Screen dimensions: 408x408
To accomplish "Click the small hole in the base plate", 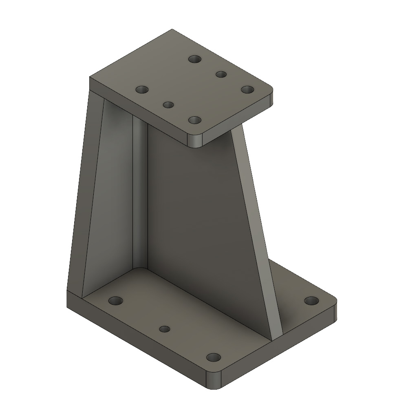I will click(x=164, y=329).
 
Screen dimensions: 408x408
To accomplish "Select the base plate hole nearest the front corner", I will click(x=213, y=358).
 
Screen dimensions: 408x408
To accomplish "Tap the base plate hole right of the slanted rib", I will click(x=312, y=301).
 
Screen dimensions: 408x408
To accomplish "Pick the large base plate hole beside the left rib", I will click(x=116, y=301).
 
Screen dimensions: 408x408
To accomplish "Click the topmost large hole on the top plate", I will click(x=195, y=59).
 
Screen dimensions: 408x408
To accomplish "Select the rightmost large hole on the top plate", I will click(x=247, y=89).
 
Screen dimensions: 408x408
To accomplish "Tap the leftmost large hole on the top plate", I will click(x=142, y=89).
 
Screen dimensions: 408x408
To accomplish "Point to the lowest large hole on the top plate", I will click(x=195, y=120).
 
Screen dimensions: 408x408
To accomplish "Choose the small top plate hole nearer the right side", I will click(x=221, y=74).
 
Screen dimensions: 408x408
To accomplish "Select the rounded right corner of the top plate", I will click(x=270, y=96).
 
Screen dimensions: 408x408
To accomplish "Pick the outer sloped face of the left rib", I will click(x=79, y=196).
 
